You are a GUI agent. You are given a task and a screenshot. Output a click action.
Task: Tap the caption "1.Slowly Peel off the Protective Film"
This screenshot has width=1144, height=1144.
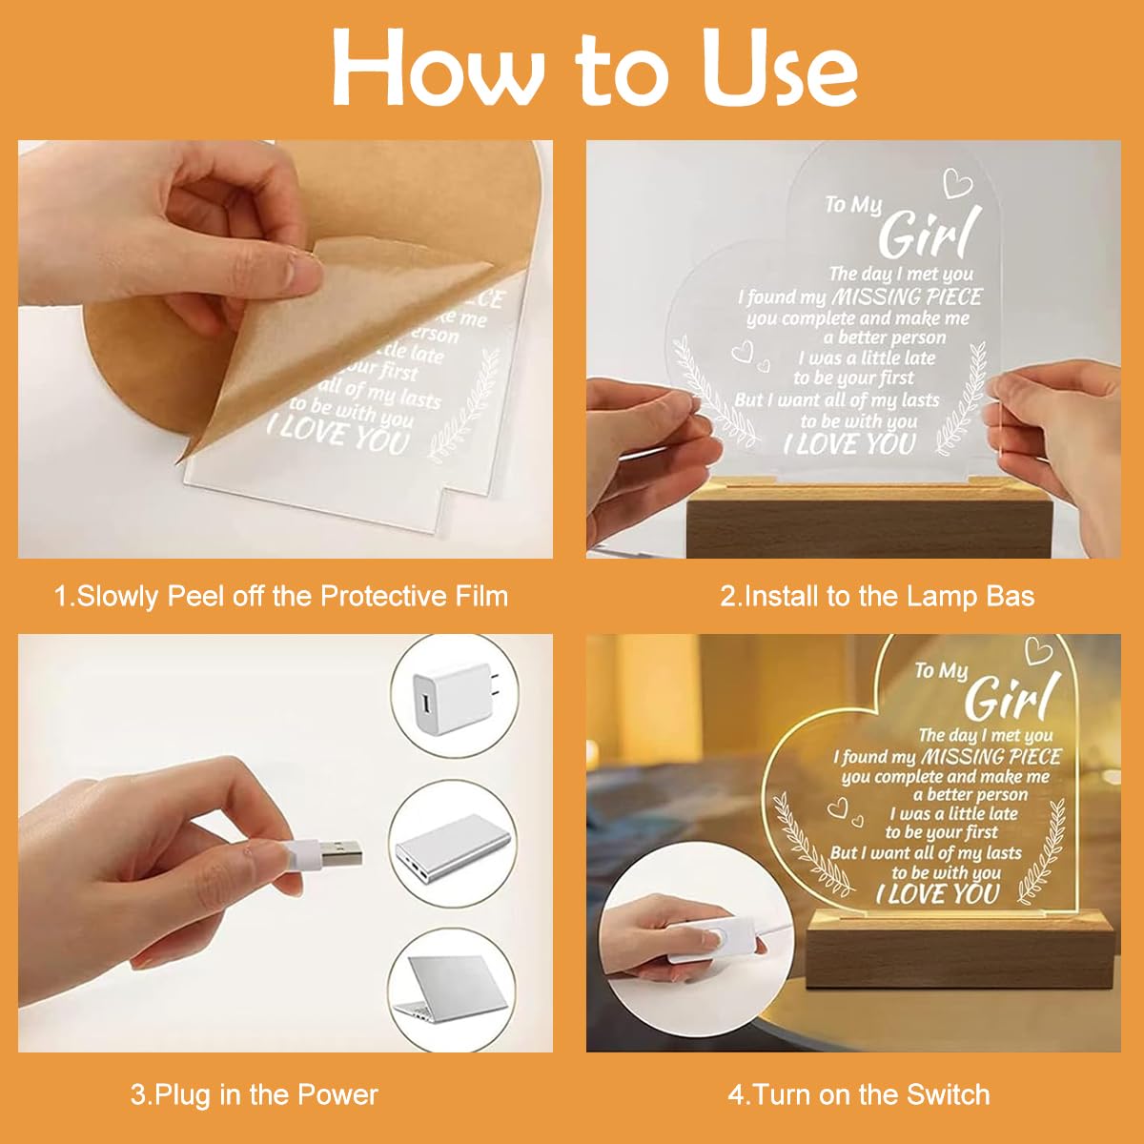pyautogui.click(x=281, y=597)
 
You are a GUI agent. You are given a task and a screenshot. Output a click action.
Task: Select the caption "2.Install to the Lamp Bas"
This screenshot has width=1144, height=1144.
pyautogui.click(x=876, y=597)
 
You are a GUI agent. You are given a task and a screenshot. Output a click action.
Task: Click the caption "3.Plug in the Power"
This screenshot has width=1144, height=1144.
pyautogui.click(x=255, y=1094)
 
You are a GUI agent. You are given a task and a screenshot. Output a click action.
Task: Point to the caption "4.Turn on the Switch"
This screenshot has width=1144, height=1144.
pyautogui.click(x=858, y=1094)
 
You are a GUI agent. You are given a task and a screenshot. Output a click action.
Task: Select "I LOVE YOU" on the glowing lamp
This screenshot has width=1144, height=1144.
pyautogui.click(x=937, y=894)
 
